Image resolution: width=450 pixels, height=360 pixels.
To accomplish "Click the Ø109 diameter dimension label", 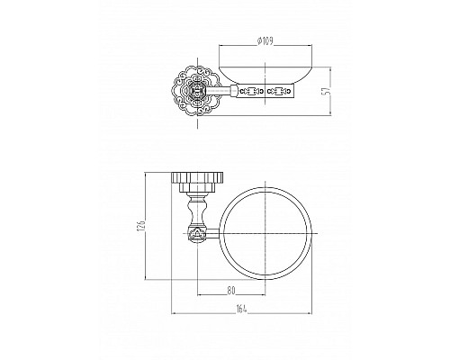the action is coord(265,40).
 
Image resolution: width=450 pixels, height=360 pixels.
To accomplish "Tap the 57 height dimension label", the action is coord(328,91).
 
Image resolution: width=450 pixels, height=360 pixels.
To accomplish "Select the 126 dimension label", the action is coord(142,226).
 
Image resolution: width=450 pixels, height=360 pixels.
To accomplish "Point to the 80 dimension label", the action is coord(230,291).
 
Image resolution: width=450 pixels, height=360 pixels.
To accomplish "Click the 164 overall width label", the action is coord(241,309).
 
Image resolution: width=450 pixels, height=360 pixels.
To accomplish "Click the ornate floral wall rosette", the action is coord(197,91).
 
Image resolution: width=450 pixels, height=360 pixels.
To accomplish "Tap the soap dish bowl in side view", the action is coord(265,75).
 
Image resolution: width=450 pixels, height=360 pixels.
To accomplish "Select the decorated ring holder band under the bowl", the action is coord(263,91).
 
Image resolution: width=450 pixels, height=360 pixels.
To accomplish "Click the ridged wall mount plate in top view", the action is coord(197,177).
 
